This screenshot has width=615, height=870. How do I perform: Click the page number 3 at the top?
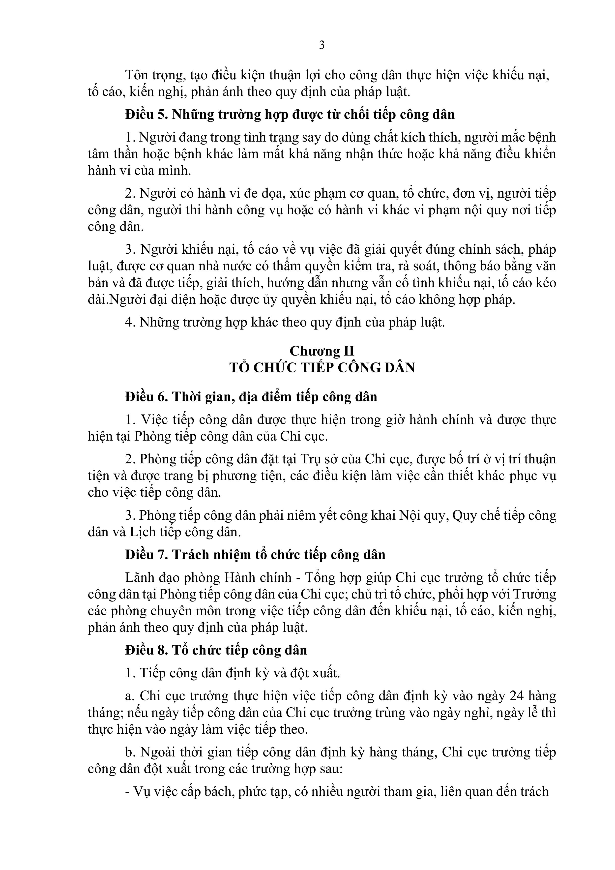point(322,45)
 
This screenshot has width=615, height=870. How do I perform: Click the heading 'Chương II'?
point(322,351)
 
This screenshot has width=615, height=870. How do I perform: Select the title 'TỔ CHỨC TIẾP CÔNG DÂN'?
point(322,367)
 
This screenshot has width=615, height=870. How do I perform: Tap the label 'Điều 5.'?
point(146,115)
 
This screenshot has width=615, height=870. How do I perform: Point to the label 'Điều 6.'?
point(146,397)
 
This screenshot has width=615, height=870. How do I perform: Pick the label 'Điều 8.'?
point(146,650)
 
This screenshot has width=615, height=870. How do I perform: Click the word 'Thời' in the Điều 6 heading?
point(186,397)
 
